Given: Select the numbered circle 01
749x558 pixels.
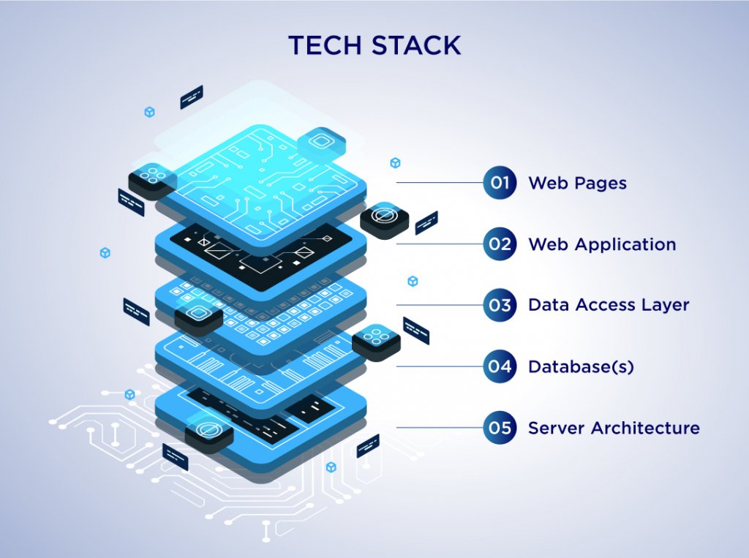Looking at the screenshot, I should (500, 183).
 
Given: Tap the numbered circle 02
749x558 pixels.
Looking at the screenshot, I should (500, 244).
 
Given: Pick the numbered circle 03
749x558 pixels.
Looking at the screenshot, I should (500, 305).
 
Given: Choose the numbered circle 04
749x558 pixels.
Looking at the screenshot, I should (500, 366).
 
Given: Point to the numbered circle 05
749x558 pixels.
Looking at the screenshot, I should (500, 428).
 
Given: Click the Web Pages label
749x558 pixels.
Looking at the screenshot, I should (577, 183).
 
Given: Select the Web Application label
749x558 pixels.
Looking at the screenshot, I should (602, 244).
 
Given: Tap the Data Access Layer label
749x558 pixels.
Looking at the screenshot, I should (609, 305).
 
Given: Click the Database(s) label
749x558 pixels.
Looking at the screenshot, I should (581, 366).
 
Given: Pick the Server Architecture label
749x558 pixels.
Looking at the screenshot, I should (614, 428).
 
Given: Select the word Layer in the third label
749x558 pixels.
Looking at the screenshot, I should (666, 305).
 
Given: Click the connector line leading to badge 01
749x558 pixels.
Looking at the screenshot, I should (439, 183).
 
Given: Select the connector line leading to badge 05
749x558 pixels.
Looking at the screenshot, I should (439, 428).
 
